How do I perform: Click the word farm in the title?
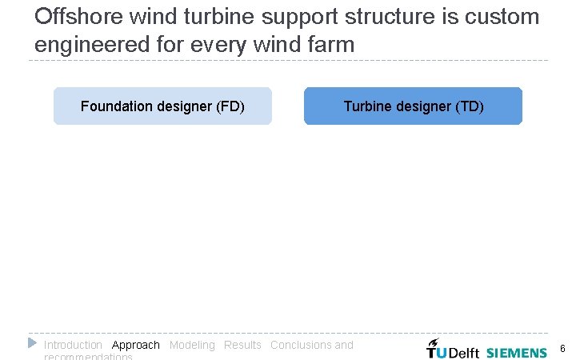point(330,44)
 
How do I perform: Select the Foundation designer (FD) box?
point(162,106)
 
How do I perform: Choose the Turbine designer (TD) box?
point(413,106)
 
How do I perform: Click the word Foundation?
point(114,106)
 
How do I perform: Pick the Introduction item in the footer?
point(73,345)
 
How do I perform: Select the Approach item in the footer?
point(136,345)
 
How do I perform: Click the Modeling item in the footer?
point(192,345)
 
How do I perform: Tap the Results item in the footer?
point(242,345)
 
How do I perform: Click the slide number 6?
point(562,349)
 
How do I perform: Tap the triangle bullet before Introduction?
point(32,343)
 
